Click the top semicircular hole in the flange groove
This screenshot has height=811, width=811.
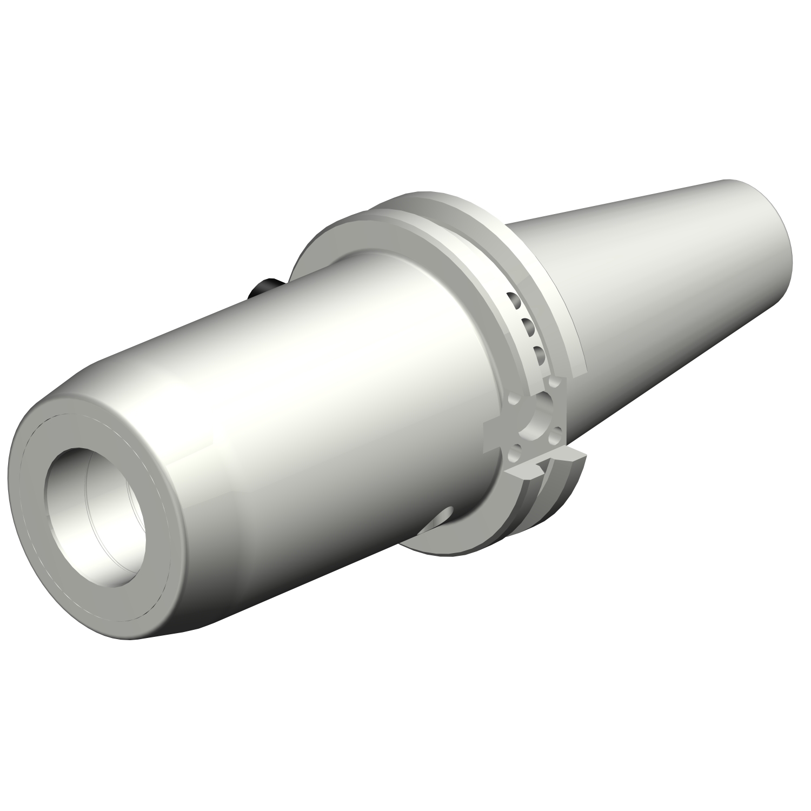click(513, 299)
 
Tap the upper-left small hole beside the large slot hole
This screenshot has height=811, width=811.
click(514, 401)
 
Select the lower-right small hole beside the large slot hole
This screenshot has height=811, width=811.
click(555, 433)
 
